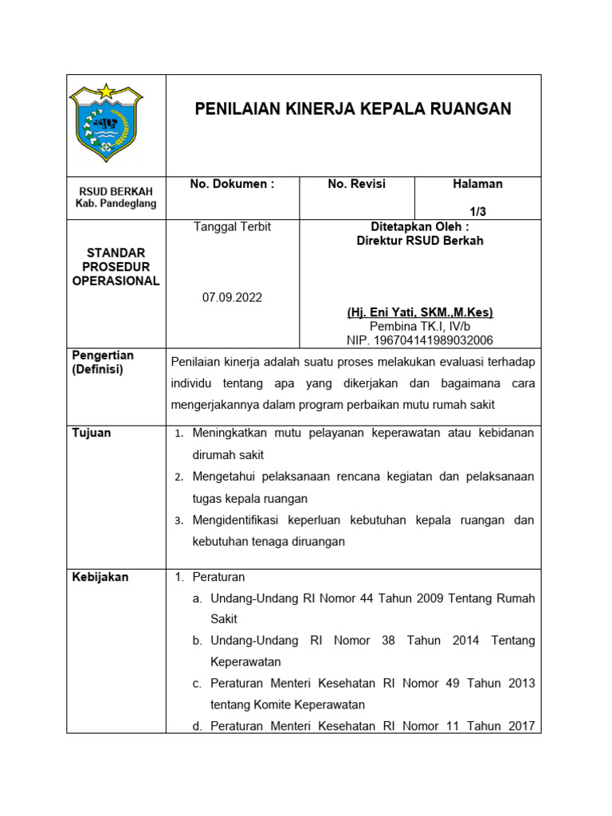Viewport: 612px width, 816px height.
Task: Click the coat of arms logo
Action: coord(106,122)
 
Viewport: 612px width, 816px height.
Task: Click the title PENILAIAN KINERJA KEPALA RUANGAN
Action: coord(353,109)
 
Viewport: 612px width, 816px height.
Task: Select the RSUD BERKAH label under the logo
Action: coord(116,191)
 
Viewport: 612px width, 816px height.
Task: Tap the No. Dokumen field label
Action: coord(232,184)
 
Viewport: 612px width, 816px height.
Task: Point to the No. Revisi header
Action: coord(356,184)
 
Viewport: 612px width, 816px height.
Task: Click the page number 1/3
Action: coord(477,210)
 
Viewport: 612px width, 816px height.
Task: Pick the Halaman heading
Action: coord(477,184)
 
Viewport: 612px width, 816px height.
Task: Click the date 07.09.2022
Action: coord(232,297)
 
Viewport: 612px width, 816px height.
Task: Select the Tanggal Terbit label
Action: coord(232,227)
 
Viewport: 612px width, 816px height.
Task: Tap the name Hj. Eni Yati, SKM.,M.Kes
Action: coord(420,312)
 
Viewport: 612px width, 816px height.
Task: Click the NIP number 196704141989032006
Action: coord(420,340)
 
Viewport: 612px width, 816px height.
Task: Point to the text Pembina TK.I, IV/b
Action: coord(420,327)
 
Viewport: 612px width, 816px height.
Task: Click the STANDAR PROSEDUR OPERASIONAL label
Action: coord(116,267)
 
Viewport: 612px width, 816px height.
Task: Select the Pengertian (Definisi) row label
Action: coord(104,363)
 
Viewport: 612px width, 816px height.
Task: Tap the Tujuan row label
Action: coord(92,433)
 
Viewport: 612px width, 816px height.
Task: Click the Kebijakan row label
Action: coord(100,577)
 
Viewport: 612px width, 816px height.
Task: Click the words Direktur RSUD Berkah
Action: coord(420,241)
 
